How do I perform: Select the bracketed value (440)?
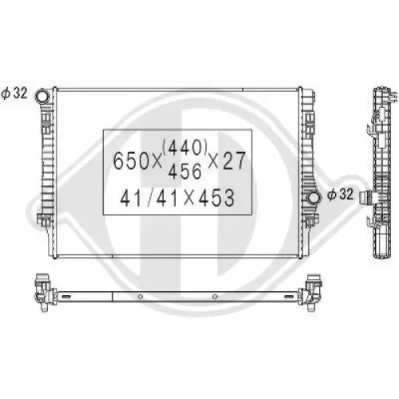tap(185, 148)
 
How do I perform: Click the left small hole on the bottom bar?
tap(140, 298)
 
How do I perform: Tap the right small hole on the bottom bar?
tap(216, 298)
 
